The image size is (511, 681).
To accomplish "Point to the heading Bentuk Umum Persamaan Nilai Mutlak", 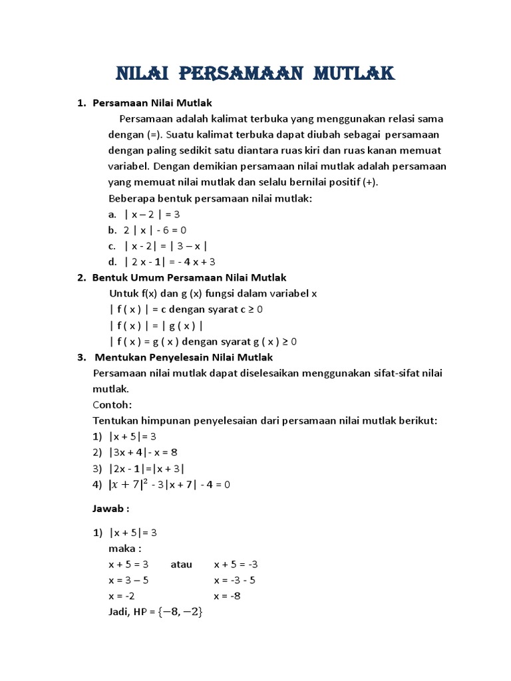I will (x=189, y=277).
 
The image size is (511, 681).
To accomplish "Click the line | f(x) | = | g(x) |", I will (x=156, y=325).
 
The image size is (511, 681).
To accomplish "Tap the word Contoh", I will (x=112, y=404).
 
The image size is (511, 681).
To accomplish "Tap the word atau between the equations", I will (x=181, y=564).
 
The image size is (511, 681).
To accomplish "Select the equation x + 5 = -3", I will (x=236, y=564).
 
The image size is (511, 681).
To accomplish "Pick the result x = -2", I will (x=121, y=596).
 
